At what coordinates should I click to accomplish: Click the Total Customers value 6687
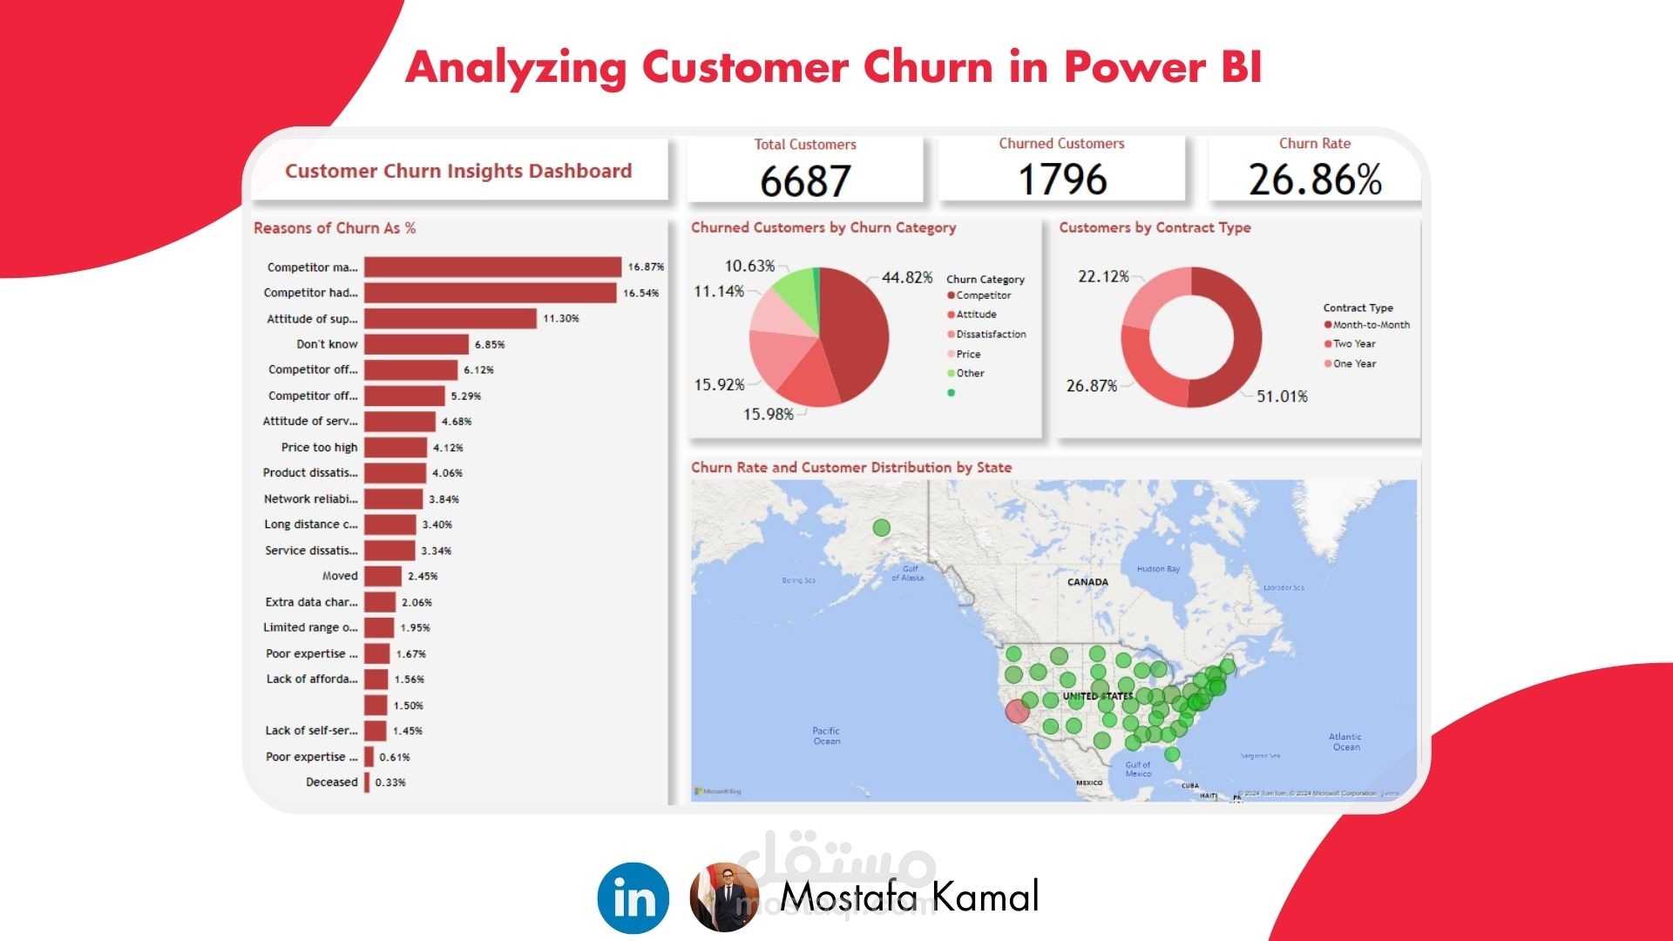pos(804,180)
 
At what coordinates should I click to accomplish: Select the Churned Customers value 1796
pos(1062,179)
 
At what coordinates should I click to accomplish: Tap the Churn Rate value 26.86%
pos(1315,179)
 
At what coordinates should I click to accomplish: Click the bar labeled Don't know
pos(416,344)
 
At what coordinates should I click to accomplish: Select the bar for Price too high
pos(396,447)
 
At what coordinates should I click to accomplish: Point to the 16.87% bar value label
pos(646,267)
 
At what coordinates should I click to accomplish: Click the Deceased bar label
pos(331,782)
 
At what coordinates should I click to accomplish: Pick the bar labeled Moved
pos(383,576)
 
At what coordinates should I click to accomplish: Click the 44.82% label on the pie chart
pos(907,277)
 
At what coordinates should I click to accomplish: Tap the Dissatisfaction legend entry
pos(990,335)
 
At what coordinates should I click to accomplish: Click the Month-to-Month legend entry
pos(1370,325)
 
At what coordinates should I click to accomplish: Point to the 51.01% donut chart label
pos(1282,396)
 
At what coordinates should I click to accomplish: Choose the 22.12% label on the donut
pos(1103,276)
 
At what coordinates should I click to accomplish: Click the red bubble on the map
pos(1018,711)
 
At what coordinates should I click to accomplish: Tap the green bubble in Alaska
pos(881,528)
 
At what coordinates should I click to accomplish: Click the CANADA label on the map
pos(1087,582)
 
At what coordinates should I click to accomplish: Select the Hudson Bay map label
pos(1158,569)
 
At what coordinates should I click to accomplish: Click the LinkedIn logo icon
pos(633,897)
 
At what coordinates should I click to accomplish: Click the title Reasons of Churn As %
pos(335,228)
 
